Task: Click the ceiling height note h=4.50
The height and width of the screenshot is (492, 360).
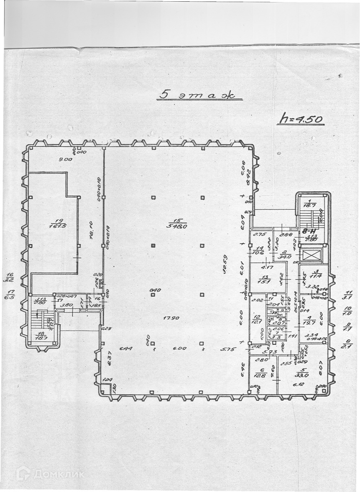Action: click(300, 119)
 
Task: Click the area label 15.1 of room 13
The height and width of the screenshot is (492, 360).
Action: click(264, 281)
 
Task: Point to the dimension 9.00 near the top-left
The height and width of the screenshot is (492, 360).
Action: click(66, 159)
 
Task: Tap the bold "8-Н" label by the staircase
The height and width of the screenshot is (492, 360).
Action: click(309, 231)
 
